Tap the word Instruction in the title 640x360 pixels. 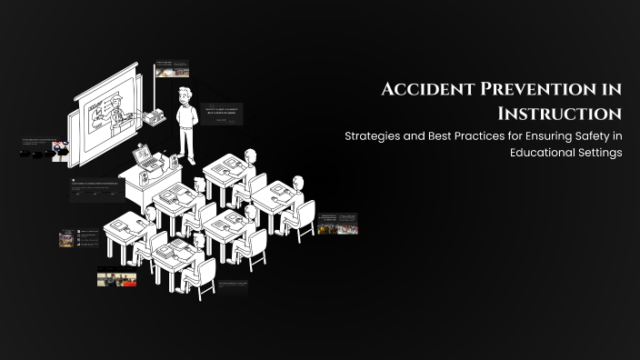pyautogui.click(x=559, y=114)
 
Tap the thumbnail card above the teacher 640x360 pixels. pyautogui.click(x=172, y=68)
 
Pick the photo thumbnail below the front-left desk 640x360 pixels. pyautogui.click(x=116, y=276)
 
